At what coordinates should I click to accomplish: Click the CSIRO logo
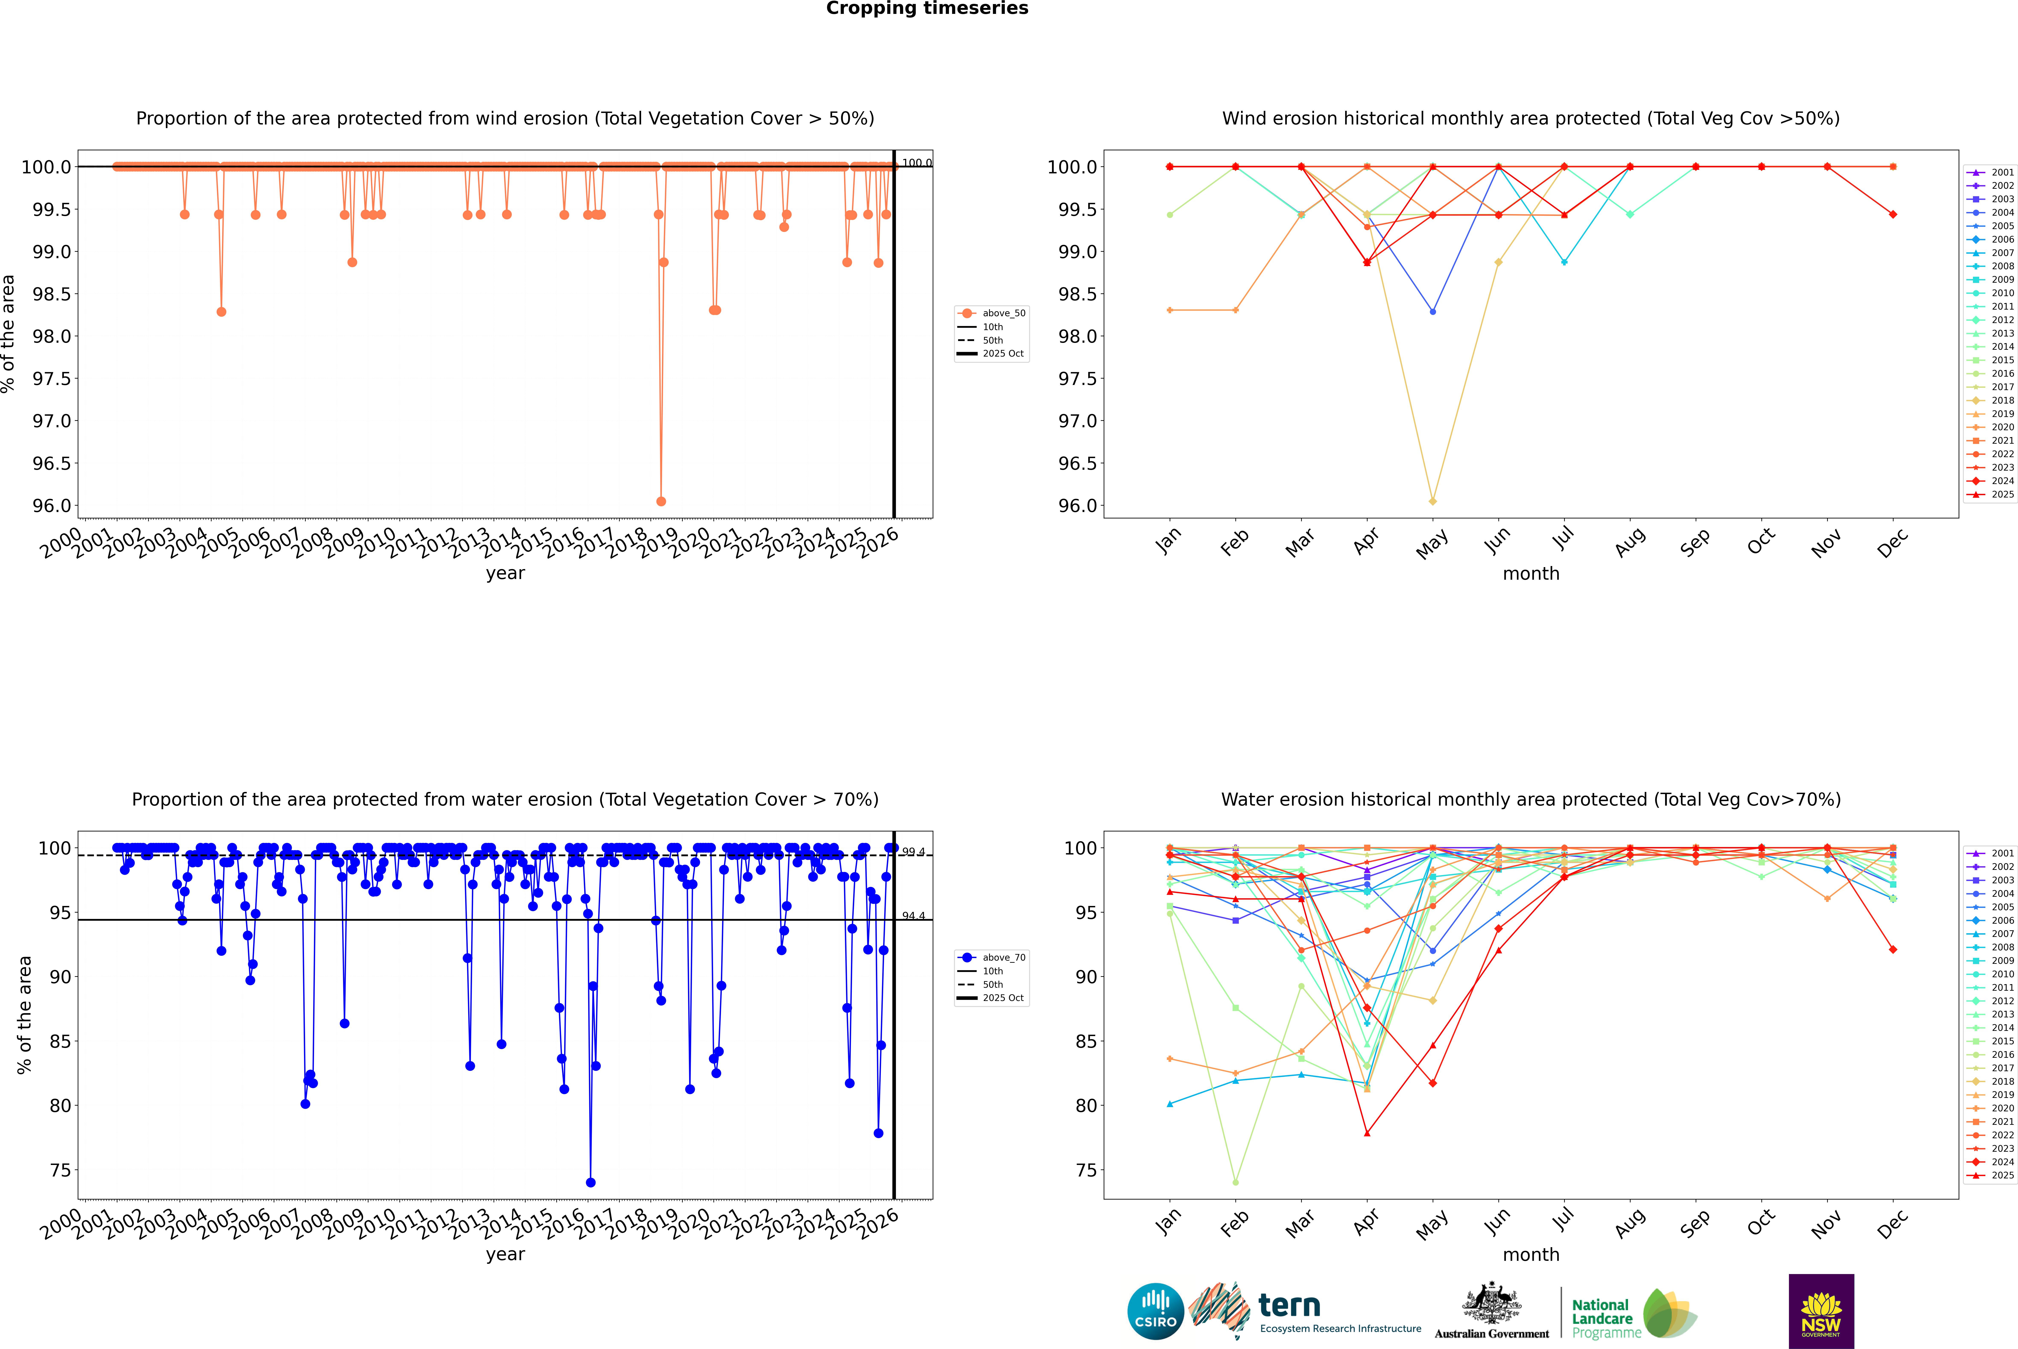click(1155, 1311)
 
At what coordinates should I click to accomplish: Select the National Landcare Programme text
click(1602, 1319)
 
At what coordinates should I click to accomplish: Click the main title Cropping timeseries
click(926, 9)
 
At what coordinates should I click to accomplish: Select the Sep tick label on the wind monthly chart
click(1695, 542)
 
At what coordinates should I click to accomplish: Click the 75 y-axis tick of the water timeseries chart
click(60, 1170)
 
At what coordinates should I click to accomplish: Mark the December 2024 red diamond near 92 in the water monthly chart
click(1892, 950)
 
